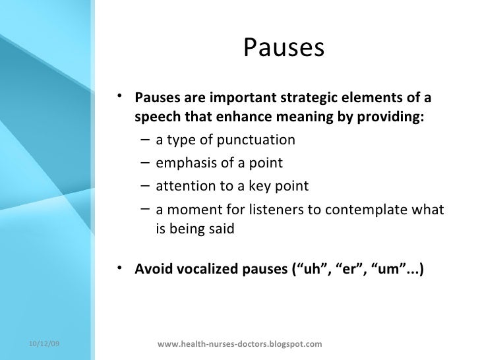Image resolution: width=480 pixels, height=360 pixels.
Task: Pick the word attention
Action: pos(182,186)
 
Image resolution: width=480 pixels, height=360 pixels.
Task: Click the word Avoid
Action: pos(152,269)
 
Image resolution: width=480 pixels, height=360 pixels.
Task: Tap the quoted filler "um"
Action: pos(385,269)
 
